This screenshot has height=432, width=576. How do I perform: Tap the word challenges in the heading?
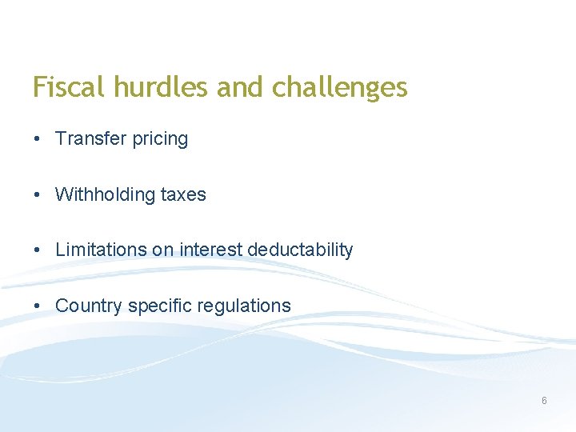(340, 87)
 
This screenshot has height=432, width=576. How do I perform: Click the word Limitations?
(101, 250)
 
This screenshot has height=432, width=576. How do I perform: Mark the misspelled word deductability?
(300, 250)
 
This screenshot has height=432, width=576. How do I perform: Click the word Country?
(89, 306)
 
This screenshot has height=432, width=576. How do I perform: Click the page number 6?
(544, 400)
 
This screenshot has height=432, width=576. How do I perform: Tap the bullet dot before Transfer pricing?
(38, 139)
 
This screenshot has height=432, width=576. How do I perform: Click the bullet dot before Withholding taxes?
(38, 195)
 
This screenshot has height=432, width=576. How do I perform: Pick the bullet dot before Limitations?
(38, 250)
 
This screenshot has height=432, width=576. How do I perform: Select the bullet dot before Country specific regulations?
(38, 306)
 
